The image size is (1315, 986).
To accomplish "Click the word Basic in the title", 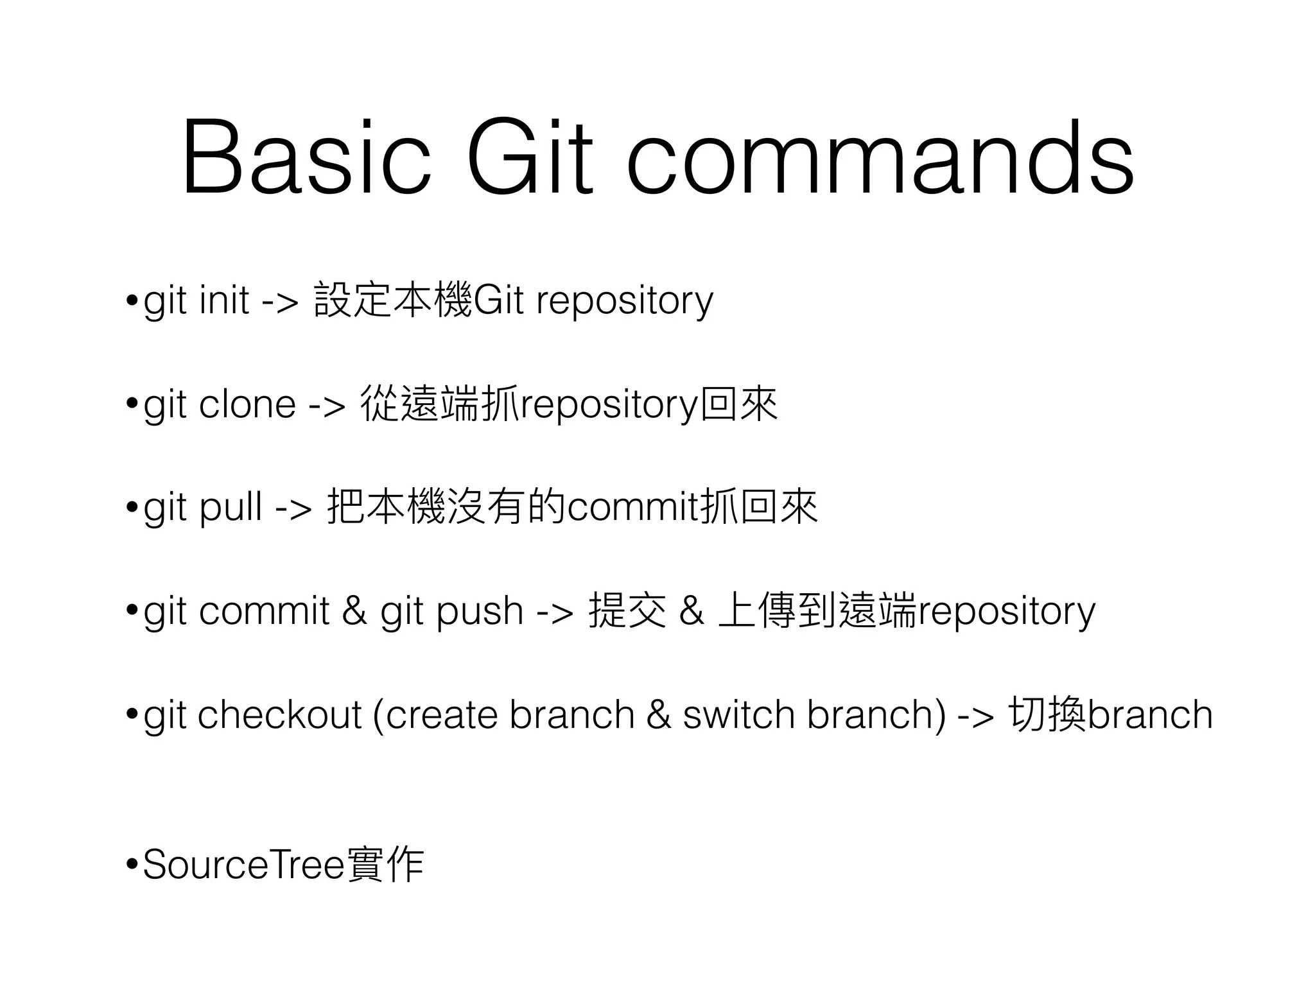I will coord(306,157).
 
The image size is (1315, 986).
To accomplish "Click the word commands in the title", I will coord(880,157).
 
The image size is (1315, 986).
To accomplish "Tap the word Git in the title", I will coord(530,157).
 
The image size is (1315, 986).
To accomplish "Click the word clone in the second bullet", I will coord(247,404).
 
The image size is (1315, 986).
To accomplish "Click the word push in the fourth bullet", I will coord(480,610).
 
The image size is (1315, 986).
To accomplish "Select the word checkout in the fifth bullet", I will coord(280,714).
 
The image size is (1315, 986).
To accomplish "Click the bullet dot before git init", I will coord(132,300).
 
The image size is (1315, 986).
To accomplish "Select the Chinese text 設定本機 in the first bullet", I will coord(393,299).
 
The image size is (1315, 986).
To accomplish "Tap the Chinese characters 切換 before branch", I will coord(1047,714).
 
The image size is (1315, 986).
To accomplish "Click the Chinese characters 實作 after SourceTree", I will coord(385,865).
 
